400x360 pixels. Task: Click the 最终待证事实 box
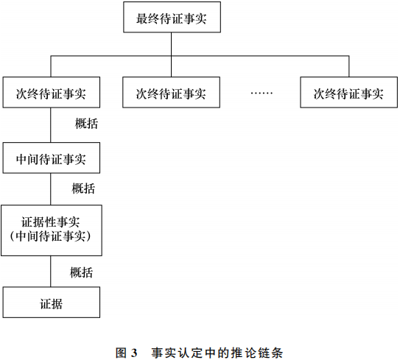pyautogui.click(x=171, y=18)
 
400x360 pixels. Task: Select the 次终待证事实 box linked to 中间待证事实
pyautogui.click(x=51, y=93)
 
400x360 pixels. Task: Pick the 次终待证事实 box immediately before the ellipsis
pyautogui.click(x=171, y=93)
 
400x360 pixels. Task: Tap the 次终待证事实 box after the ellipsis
pyautogui.click(x=348, y=93)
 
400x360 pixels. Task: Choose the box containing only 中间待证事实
pyautogui.click(x=51, y=158)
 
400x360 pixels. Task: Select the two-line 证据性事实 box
pyautogui.click(x=51, y=230)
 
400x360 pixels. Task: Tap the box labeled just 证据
pyautogui.click(x=51, y=302)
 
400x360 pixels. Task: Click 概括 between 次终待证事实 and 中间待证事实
pyautogui.click(x=86, y=124)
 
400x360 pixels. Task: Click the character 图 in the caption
pyautogui.click(x=122, y=352)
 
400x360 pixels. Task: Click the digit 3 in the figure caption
pyautogui.click(x=136, y=352)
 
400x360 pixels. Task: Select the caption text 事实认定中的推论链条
pyautogui.click(x=217, y=352)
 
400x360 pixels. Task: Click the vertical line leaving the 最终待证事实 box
pyautogui.click(x=171, y=44)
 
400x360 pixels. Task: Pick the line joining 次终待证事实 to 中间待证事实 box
pyautogui.click(x=51, y=126)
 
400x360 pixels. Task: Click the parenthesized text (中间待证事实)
pyautogui.click(x=51, y=237)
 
